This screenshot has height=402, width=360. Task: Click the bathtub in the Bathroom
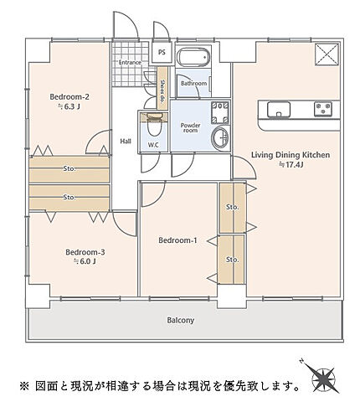point(193,57)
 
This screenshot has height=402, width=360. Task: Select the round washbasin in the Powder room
point(220,137)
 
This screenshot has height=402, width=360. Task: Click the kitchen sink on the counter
point(279,109)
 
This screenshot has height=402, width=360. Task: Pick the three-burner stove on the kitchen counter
point(323,109)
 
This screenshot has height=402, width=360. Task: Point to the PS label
point(162,52)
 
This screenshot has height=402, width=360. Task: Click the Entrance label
point(130,62)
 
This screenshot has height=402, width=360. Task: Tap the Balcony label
point(181,320)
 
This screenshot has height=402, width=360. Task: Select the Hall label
point(126,142)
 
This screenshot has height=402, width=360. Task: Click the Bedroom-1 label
point(177,240)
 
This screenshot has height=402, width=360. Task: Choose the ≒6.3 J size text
point(69,106)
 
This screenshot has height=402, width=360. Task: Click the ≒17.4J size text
point(291,165)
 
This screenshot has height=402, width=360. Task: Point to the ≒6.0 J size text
point(85,261)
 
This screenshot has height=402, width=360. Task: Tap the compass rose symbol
point(323,378)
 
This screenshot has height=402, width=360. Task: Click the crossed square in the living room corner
point(327,54)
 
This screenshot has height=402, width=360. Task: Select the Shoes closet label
point(162,90)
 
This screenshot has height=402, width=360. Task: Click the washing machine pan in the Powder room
point(220,113)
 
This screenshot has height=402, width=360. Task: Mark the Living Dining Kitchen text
point(291,155)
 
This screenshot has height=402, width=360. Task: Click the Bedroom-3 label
point(85,252)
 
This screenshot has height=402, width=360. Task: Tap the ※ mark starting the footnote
point(24,386)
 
